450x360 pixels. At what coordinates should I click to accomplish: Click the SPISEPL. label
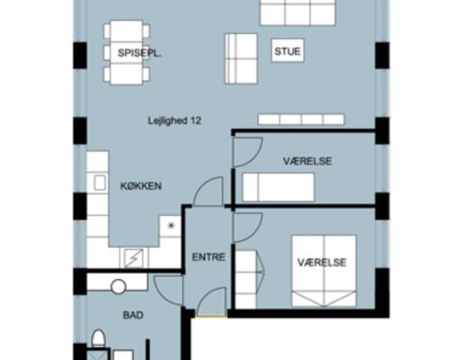[139, 53]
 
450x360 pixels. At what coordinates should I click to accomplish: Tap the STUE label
[287, 51]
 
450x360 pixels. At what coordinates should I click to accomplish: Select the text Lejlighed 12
[175, 121]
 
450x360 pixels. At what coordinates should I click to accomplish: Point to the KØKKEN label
[141, 186]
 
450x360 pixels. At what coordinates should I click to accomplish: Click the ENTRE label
[209, 257]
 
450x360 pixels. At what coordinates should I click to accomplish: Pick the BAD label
[133, 315]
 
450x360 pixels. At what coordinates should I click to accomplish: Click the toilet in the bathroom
[98, 338]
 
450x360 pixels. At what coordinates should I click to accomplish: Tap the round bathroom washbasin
[118, 287]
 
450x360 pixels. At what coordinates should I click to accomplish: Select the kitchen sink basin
[100, 183]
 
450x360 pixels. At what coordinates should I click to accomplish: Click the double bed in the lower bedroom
[324, 271]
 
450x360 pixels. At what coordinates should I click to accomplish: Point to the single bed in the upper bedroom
[278, 187]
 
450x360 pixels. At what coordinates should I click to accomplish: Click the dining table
[126, 52]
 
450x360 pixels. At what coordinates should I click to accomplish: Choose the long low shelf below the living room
[301, 119]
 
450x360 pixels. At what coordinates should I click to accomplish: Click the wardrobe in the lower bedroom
[246, 279]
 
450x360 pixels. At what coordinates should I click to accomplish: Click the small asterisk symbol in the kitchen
[171, 225]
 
